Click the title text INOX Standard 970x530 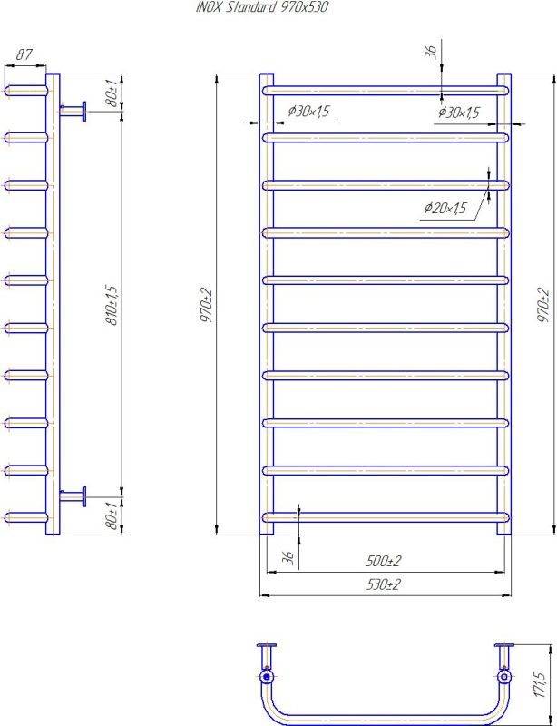click(262, 7)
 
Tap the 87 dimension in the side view click(24, 55)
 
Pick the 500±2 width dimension click(385, 561)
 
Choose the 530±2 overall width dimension click(384, 584)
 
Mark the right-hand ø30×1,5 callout click(458, 112)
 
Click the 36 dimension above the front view click(432, 53)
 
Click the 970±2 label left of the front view click(207, 304)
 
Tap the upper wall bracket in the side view click(73, 111)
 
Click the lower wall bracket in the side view click(73, 496)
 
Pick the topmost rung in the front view click(386, 90)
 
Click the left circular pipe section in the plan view click(266, 676)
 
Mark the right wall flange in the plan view click(504, 645)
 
